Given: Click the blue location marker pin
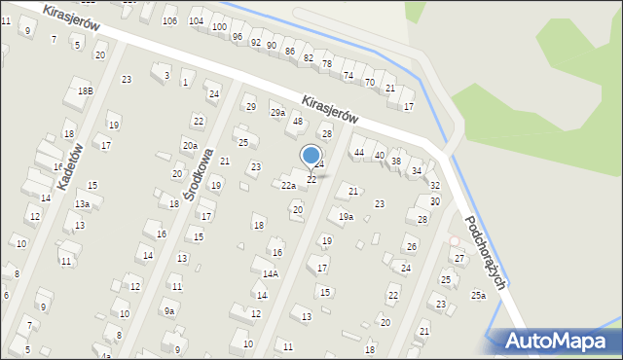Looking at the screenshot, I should [311, 156].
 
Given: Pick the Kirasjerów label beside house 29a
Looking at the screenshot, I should [330, 109].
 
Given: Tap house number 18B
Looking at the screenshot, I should [86, 91].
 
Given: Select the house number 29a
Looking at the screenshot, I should [277, 114].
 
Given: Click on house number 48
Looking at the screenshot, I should [298, 122].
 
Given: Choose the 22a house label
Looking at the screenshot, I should [288, 185].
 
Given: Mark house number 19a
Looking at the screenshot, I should [346, 217].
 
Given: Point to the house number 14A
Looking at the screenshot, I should [270, 274].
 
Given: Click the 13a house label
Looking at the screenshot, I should [83, 204].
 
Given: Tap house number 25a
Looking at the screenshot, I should [478, 296].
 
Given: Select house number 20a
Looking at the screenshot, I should [189, 146].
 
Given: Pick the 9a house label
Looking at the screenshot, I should [169, 311].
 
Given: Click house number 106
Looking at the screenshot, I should [169, 21].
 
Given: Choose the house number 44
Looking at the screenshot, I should [359, 153].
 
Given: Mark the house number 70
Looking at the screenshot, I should [370, 83].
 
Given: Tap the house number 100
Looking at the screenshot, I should [219, 28].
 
